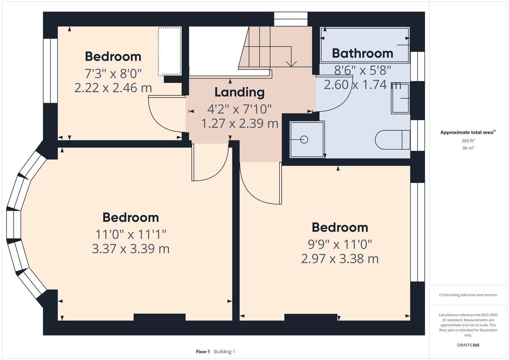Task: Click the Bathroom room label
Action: coord(363,53)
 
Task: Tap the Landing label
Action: coord(240,92)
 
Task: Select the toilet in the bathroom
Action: coord(392,140)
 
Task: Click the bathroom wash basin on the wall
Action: coord(400,98)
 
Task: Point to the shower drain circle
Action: coord(304,139)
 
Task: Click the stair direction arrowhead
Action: coord(291,64)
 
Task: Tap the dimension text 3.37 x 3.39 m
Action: coord(131,249)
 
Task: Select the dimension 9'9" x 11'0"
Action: coord(340,244)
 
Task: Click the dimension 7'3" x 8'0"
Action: coord(113,73)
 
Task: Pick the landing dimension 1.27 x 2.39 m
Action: coord(240,123)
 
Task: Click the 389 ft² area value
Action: coord(468,141)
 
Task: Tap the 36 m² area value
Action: coord(468,148)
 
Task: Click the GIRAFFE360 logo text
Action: coord(468,345)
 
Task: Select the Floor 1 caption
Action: coord(203,352)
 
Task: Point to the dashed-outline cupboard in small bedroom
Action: coord(170,51)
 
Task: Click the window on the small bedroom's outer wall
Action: coord(50,71)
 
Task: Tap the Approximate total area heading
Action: coord(468,132)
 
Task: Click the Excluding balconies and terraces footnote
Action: coord(468,295)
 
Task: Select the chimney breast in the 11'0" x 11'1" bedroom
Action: coord(160,317)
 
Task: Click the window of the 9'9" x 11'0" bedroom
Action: coord(418,232)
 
